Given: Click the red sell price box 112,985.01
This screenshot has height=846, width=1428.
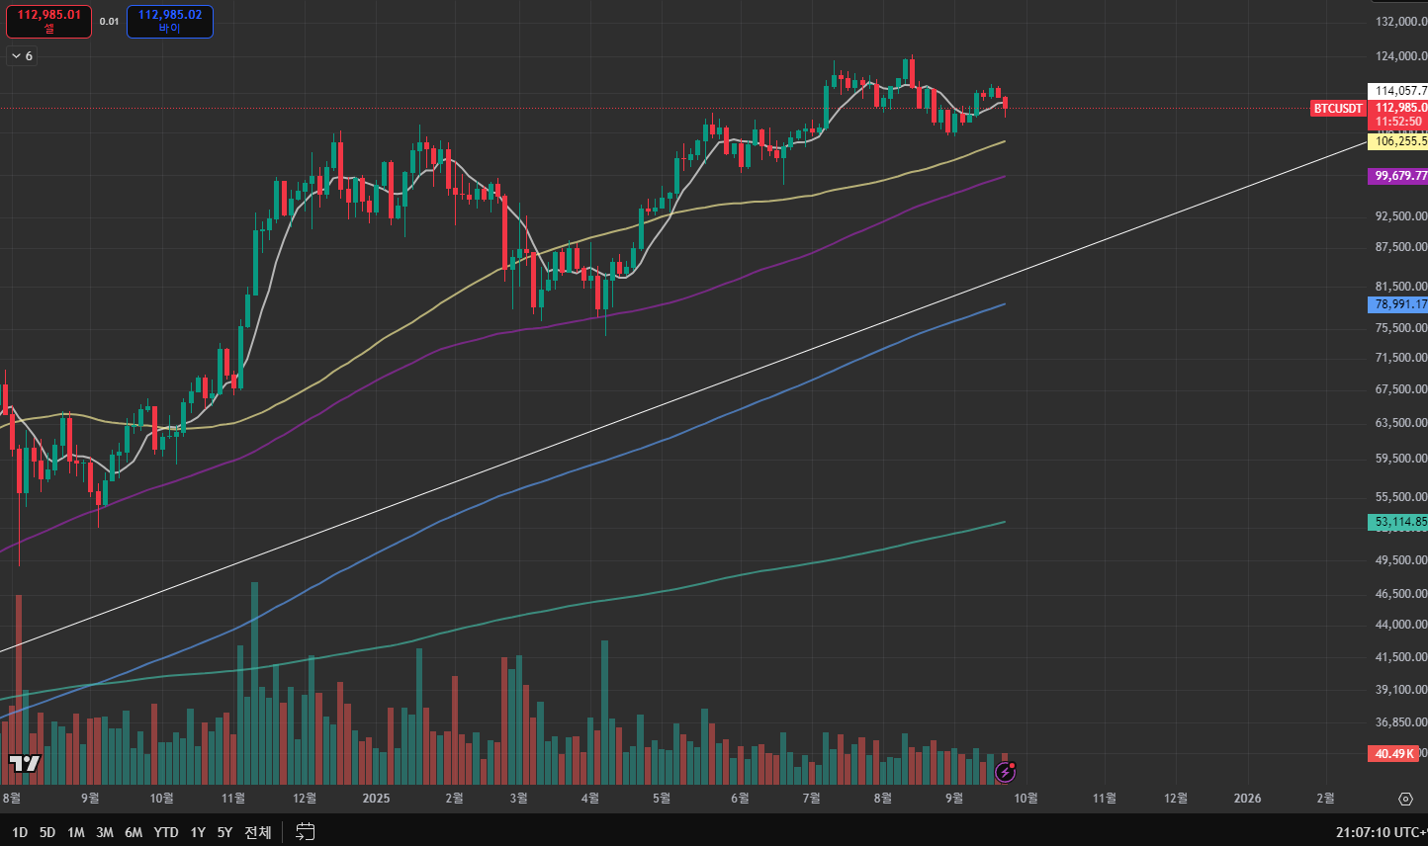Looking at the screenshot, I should pos(49,21).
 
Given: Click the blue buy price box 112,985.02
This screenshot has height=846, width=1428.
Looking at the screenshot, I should pos(170,21).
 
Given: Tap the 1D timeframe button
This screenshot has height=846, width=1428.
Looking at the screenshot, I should pos(20,832).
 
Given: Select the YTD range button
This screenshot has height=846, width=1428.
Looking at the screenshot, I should pos(166,832).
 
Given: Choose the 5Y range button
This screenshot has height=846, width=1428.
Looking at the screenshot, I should pos(224,832).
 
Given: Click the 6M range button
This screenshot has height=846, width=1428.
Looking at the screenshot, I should pos(134,832).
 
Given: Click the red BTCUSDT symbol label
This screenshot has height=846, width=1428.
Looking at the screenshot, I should pos(1338,109).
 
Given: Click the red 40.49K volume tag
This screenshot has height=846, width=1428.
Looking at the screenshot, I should pos(1393,754).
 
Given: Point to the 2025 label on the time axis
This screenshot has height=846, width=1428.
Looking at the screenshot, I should pos(376,799).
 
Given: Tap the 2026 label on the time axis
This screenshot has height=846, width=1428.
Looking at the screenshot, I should pos(1248,799).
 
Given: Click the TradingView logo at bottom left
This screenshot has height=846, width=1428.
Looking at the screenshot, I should pos(25,763).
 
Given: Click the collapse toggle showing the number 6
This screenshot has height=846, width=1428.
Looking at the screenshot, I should pos(22,56).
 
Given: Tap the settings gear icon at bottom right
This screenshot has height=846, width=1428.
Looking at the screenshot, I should pos(1405,799).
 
